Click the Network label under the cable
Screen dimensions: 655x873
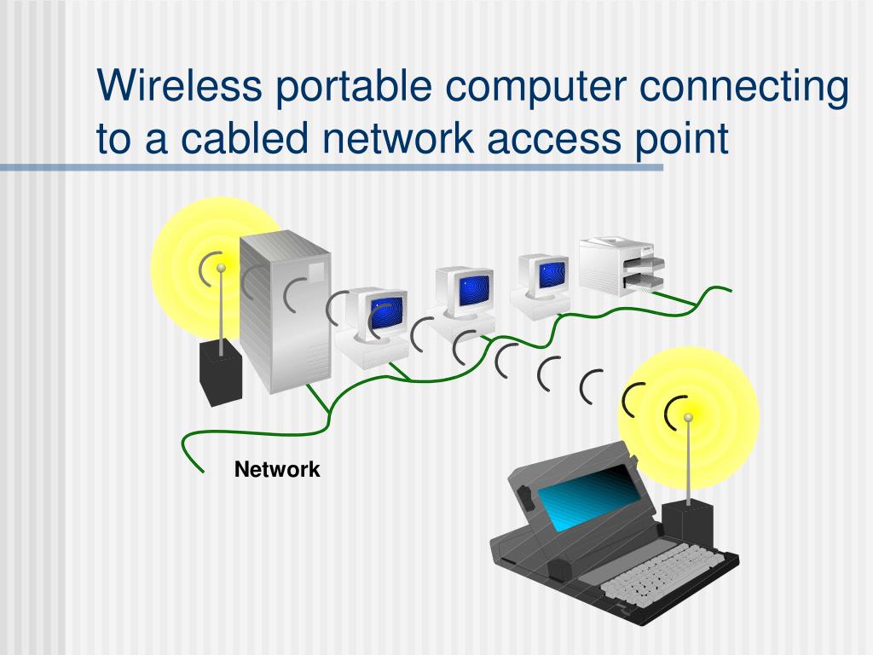pos(277,469)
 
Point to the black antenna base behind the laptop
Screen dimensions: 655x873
pos(687,530)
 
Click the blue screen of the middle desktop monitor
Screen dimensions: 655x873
pos(474,290)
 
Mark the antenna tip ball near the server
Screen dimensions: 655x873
pos(221,268)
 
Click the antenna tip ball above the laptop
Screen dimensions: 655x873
pos(688,417)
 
